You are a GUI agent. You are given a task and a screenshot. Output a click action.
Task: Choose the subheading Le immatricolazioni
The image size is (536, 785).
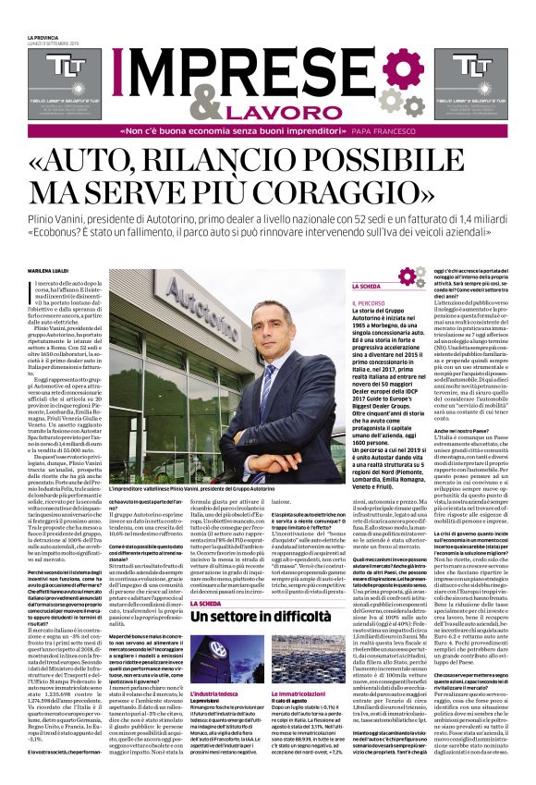[x=303, y=692]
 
